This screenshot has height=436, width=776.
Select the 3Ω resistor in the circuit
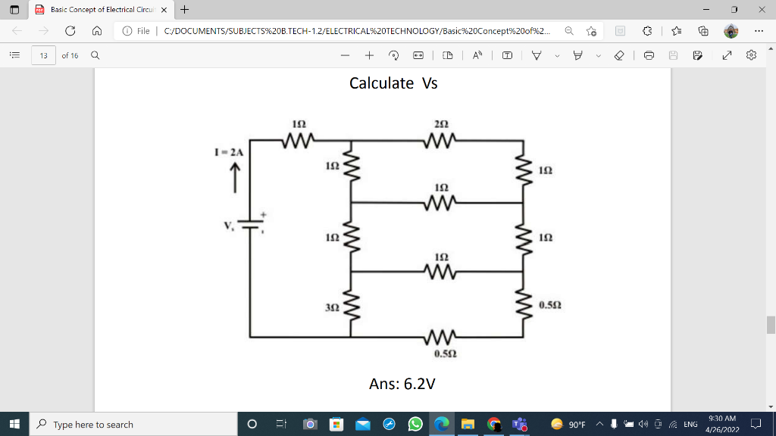coord(349,306)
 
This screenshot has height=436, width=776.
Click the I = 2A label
coord(230,152)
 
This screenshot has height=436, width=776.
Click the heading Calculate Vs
coord(393,83)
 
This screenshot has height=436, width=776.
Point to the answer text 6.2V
coord(402,384)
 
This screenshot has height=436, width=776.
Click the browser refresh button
coord(70,31)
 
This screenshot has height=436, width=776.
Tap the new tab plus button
coord(185,10)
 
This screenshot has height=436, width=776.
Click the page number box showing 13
coord(43,55)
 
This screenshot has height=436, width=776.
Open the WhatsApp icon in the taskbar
coord(415,425)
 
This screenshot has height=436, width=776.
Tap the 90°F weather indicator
coord(569,425)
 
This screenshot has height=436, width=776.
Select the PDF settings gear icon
coord(751,55)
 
